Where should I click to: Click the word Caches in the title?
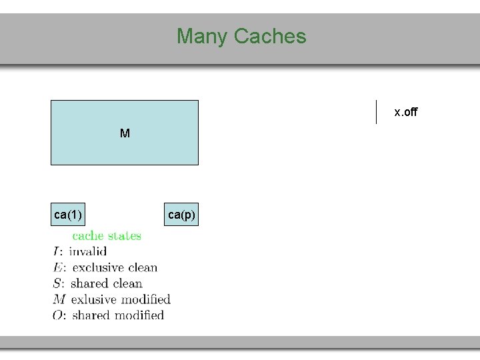point(270,36)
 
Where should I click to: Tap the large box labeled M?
point(125,133)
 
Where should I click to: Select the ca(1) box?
point(68,215)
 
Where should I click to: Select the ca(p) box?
point(181,215)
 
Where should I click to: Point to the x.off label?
point(405,112)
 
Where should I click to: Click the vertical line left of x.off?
point(377,112)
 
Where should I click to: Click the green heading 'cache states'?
point(107,235)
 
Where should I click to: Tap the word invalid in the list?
point(87,252)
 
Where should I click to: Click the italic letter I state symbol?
point(57,252)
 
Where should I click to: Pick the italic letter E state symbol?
point(58,268)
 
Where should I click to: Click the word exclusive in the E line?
point(99,268)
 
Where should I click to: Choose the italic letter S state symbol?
point(58,284)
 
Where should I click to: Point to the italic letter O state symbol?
point(59,315)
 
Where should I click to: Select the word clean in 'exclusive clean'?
point(143,268)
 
